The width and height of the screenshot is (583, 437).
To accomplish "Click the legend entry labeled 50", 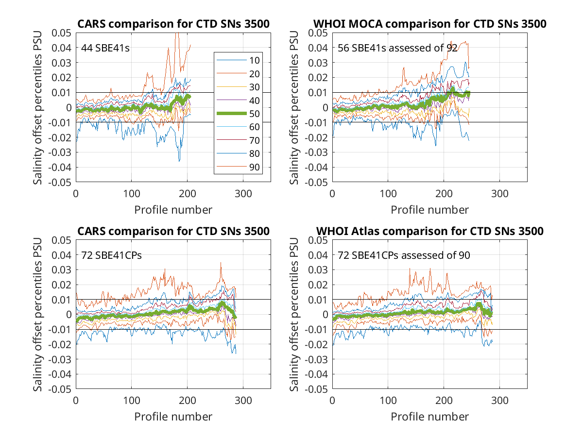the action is (x=238, y=114).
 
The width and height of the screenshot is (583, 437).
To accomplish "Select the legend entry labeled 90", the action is (x=238, y=167).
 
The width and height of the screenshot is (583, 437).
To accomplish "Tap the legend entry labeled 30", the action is (x=238, y=87).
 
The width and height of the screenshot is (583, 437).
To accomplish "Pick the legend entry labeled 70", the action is (x=238, y=140).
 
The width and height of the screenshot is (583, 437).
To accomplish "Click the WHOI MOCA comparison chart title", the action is (x=429, y=24).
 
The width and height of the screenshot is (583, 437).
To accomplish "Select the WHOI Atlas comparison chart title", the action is (x=429, y=231).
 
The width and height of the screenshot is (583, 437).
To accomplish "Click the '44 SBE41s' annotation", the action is (x=105, y=48).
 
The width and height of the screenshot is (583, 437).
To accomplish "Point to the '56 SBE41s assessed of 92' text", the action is (x=397, y=48).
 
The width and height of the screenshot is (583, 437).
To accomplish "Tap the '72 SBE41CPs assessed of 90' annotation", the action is (x=404, y=255).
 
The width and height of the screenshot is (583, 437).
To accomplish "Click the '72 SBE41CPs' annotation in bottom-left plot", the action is (x=111, y=255).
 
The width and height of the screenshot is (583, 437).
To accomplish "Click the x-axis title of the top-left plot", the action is (x=173, y=210).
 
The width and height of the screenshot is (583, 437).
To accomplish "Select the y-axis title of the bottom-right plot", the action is (x=294, y=315).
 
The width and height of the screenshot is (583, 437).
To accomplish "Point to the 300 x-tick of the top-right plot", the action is (x=499, y=194).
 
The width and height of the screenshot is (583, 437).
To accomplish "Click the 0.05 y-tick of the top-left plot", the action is (x=61, y=33).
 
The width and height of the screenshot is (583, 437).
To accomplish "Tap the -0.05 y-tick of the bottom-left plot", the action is (x=60, y=389).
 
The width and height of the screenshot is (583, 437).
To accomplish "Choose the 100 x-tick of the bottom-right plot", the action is (x=388, y=401).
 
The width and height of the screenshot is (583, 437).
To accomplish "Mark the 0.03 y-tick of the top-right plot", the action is (x=318, y=63).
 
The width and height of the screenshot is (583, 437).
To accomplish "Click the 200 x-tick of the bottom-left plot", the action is (x=187, y=401).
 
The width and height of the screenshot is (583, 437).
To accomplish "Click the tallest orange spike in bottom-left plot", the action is (x=221, y=263).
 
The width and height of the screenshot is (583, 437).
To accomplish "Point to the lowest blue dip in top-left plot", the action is (x=179, y=161).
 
